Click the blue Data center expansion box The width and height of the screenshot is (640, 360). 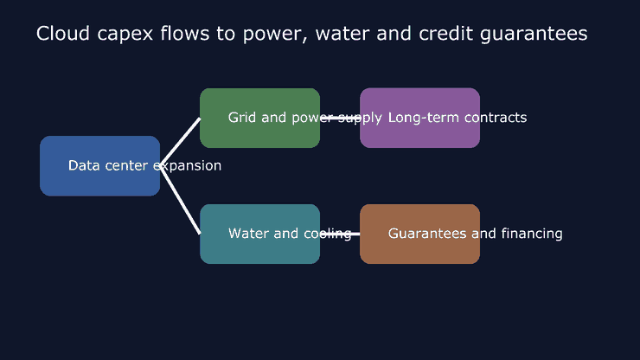(x=100, y=166)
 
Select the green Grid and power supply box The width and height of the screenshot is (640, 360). (x=260, y=118)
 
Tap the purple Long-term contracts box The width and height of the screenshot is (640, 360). (x=420, y=118)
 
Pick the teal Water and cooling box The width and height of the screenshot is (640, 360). (x=260, y=234)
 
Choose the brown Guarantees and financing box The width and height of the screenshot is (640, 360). (x=420, y=234)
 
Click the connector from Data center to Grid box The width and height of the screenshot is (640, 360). (x=180, y=142)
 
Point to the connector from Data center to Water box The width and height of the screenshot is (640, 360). (x=180, y=200)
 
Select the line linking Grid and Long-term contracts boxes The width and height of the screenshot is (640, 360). (x=340, y=118)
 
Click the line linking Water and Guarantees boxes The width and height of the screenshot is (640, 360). (x=340, y=234)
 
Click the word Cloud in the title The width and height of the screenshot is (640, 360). (x=63, y=33)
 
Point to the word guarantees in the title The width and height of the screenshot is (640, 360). (x=534, y=35)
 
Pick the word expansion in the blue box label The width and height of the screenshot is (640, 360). (x=188, y=166)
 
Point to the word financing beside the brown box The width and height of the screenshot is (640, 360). (x=532, y=234)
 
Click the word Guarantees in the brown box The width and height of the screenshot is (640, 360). (x=427, y=234)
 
